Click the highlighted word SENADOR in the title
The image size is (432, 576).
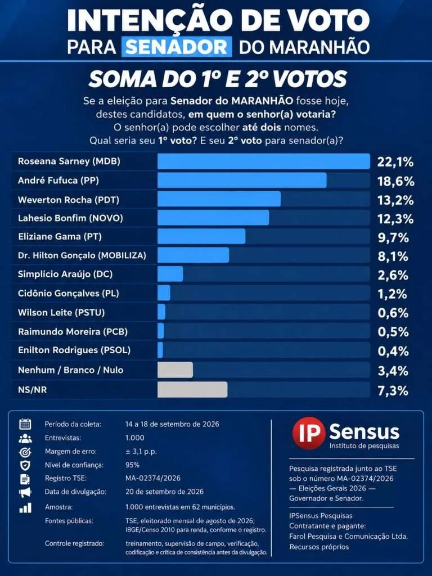pos(177,47)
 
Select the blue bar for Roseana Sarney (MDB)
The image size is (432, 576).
pos(264,161)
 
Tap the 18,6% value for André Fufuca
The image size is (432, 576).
pos(396,181)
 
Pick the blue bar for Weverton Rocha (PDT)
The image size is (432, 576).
pos(219,199)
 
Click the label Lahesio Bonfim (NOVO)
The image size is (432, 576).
pos(70,218)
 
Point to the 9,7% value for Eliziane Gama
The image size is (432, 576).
pos(393,238)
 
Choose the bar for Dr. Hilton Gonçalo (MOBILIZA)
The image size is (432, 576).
pos(193,255)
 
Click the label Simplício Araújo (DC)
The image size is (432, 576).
pos(65,274)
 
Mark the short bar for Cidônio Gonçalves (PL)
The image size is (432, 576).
pos(164,292)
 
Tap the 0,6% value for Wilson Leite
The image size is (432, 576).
pos(393,313)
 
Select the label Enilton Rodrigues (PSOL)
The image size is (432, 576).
pos(74,350)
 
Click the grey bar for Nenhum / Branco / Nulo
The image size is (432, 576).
pos(175,370)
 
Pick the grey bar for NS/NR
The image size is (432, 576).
pos(192,389)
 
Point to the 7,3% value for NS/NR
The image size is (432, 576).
pos(393,390)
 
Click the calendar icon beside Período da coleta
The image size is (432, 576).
pos(25,424)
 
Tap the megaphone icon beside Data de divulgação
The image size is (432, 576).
pos(25,492)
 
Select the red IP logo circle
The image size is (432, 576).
pos(309,433)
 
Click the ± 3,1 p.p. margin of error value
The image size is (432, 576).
pos(141,452)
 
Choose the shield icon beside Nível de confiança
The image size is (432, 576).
pos(25,465)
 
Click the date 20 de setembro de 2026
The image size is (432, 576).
pos(165,492)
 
